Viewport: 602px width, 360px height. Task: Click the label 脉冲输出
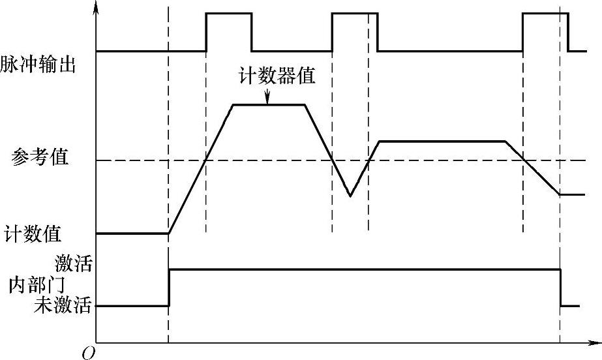coord(38,65)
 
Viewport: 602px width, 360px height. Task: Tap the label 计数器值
coord(277,76)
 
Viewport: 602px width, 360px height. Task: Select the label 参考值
coord(40,158)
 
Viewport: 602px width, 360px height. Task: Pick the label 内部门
coord(37,285)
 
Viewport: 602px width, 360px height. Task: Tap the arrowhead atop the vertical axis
coord(97,8)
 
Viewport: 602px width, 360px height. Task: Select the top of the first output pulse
coord(228,13)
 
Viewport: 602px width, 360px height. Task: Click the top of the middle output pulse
coord(355,13)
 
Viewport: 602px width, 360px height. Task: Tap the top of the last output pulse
coord(545,13)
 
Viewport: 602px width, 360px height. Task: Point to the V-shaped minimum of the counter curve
coord(350,195)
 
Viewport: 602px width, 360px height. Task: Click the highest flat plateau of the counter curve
coord(269,104)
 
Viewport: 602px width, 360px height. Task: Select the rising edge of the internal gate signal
coord(169,287)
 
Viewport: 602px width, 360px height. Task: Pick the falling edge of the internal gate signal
coord(560,287)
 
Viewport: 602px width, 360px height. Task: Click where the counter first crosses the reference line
coord(206,160)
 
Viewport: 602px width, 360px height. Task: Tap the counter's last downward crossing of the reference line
coord(524,160)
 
